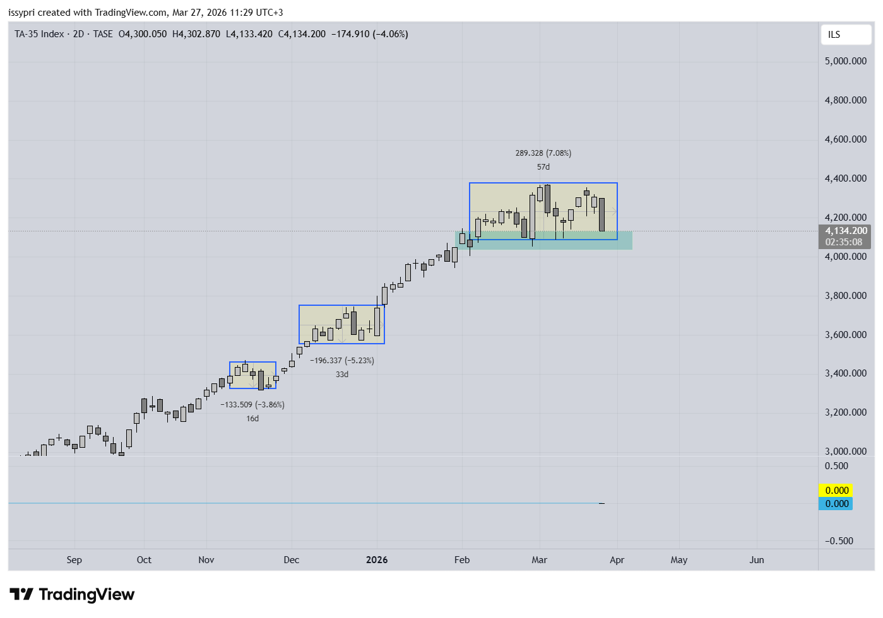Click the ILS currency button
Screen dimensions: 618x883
[834, 35]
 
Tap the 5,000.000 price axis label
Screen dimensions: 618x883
[845, 61]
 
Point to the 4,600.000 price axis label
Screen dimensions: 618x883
[845, 139]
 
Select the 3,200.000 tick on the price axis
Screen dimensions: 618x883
[845, 412]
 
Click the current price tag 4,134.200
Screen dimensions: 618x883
[846, 231]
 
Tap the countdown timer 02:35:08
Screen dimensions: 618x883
[844, 242]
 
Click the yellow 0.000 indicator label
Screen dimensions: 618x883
[836, 491]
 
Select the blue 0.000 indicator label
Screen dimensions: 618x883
[836, 504]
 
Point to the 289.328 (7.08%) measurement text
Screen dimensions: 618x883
[543, 153]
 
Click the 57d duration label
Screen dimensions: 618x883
[543, 167]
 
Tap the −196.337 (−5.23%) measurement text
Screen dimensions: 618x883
[341, 361]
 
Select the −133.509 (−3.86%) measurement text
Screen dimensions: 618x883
[252, 405]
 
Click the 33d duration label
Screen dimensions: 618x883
[341, 375]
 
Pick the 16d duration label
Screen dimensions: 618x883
[252, 419]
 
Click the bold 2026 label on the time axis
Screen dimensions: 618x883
[377, 560]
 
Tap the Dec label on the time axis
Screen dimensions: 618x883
[291, 560]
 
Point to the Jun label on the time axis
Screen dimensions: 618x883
[756, 560]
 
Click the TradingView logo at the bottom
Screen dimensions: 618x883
[72, 595]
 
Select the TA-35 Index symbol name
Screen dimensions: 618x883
[39, 34]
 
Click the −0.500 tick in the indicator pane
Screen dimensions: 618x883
[839, 541]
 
